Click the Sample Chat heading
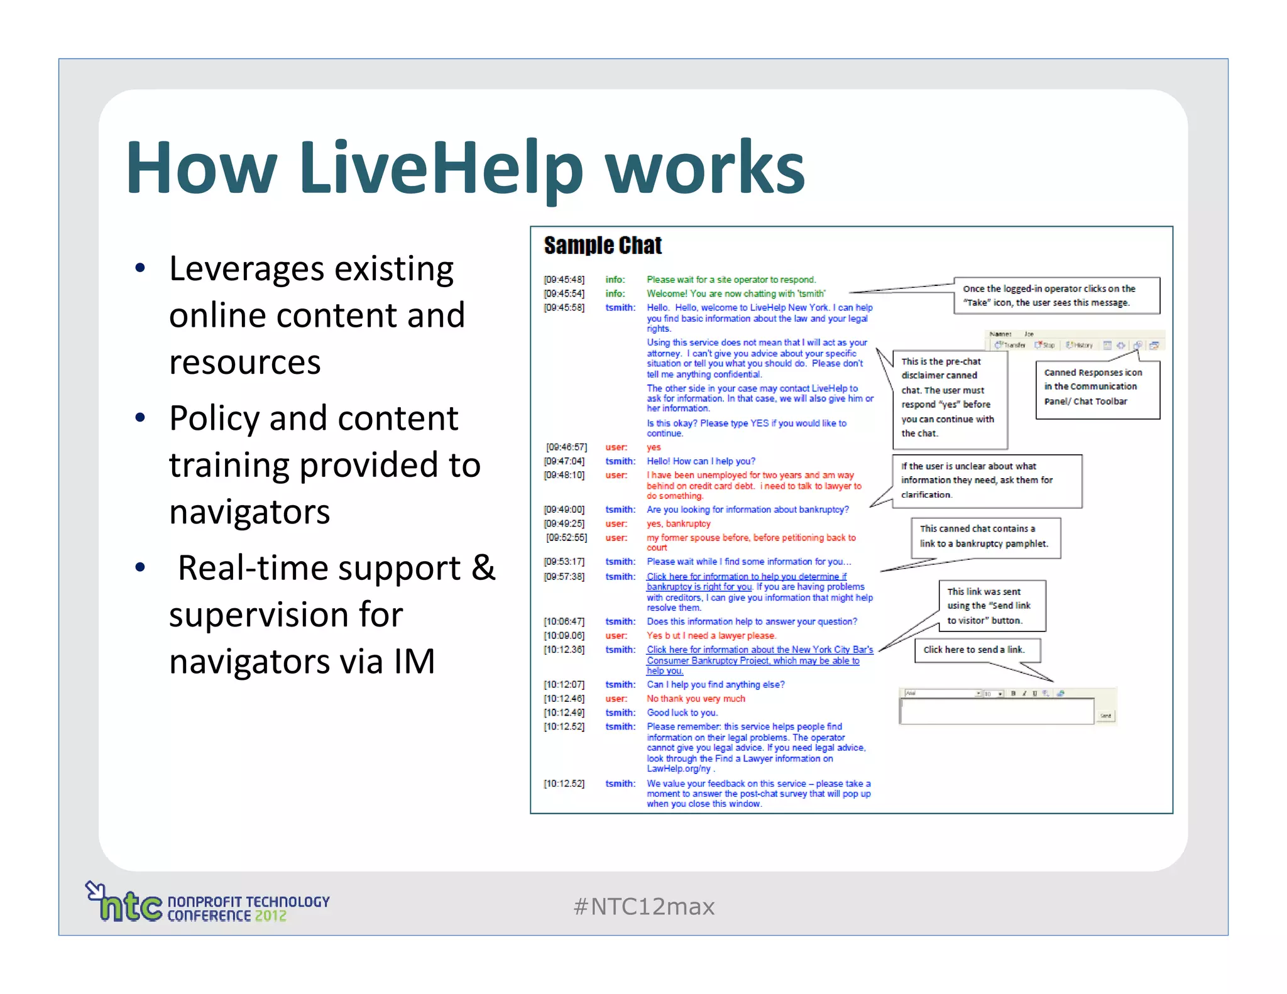click(603, 246)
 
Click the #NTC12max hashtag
click(643, 907)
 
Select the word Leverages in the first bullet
click(248, 270)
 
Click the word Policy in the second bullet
click(214, 418)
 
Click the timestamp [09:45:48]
click(564, 280)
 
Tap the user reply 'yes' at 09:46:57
click(654, 447)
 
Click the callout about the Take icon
click(1056, 296)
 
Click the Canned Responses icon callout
click(1097, 388)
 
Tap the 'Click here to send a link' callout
click(977, 650)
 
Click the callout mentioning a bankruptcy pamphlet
click(985, 537)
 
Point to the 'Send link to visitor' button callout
click(991, 606)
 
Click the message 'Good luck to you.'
click(682, 713)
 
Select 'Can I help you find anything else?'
click(715, 685)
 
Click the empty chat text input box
click(996, 711)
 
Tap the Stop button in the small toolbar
click(1046, 345)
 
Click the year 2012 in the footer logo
click(270, 916)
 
